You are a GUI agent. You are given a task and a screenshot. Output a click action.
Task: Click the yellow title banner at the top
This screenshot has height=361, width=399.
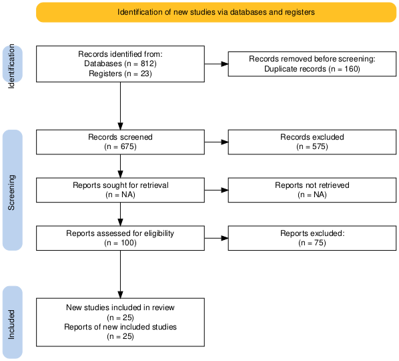216,12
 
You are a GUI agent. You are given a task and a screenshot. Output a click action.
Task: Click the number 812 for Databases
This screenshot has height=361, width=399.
147,64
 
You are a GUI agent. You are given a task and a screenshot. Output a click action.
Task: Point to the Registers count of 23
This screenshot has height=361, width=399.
145,74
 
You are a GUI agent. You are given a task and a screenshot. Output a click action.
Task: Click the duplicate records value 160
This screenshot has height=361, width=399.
351,69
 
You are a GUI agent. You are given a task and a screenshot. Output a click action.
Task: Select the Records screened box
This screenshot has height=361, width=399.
120,142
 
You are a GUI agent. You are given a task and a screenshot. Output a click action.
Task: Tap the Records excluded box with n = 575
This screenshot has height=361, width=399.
312,142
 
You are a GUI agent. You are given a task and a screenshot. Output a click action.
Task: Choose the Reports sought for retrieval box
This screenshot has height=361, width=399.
120,190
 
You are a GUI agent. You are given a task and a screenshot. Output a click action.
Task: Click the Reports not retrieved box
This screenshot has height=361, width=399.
312,190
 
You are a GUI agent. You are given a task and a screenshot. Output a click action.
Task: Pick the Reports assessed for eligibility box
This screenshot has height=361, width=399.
120,238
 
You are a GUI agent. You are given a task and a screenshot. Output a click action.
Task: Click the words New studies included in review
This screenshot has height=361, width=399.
120,308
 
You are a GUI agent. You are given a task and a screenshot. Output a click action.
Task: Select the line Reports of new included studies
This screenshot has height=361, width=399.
120,327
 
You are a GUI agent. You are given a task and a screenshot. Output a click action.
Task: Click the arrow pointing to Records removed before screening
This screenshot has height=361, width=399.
216,64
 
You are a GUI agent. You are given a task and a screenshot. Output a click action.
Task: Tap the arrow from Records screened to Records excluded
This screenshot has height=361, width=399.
216,142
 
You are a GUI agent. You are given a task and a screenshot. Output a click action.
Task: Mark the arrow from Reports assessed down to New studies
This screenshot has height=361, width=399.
120,274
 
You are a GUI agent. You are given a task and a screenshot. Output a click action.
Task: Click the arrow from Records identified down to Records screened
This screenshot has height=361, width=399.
120,106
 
